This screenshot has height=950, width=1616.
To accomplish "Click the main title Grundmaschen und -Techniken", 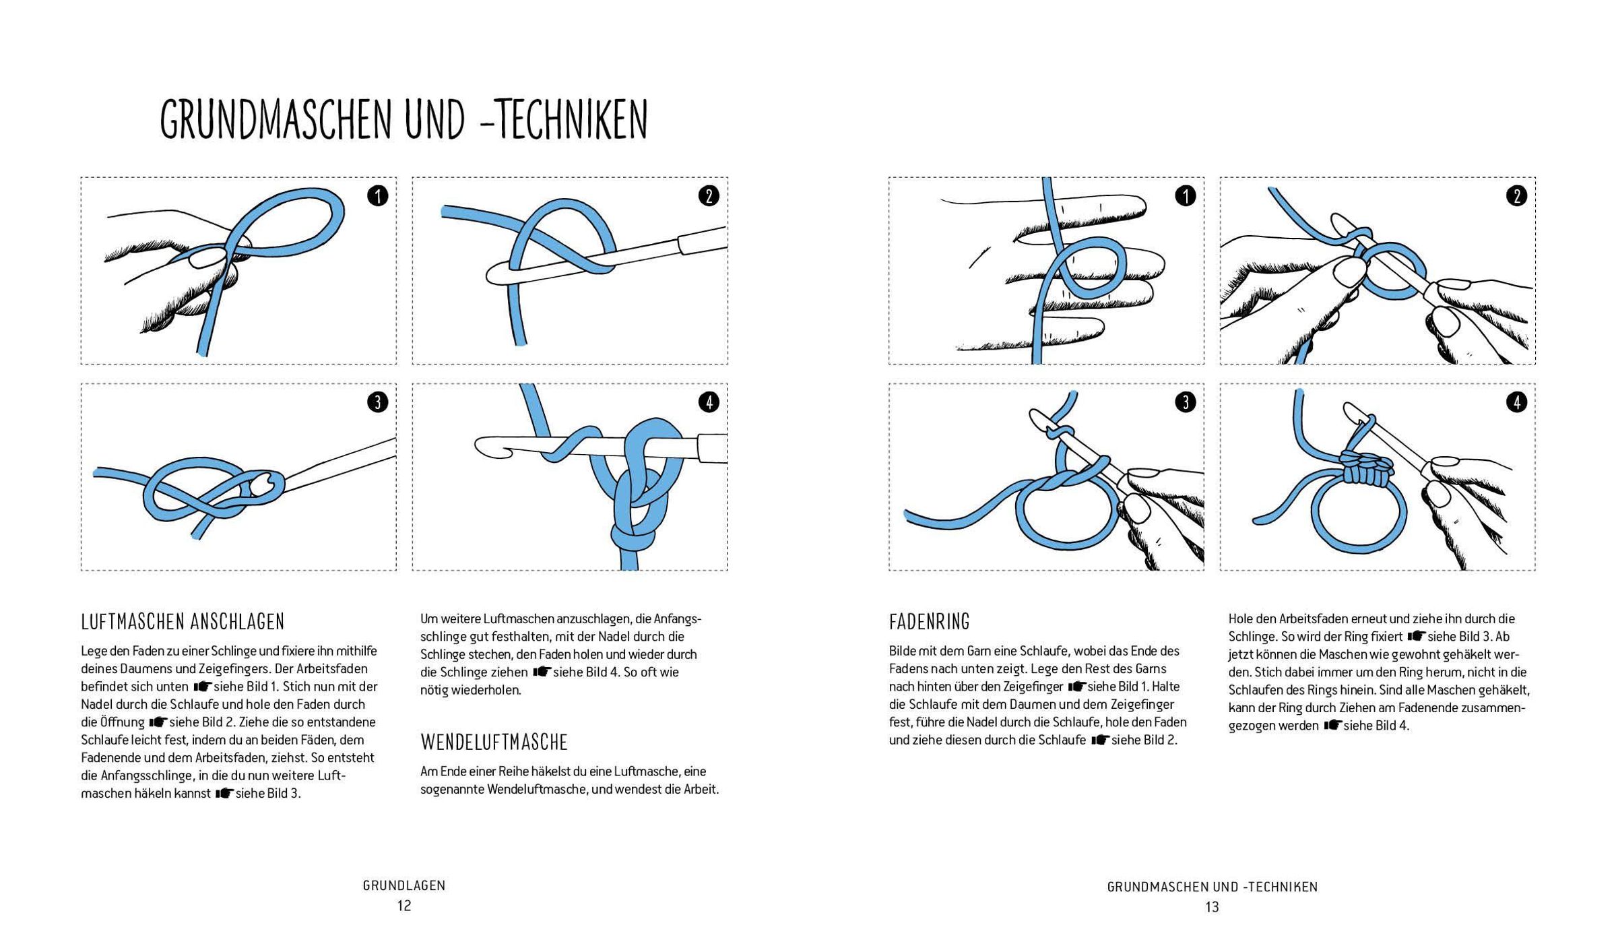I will [x=403, y=119].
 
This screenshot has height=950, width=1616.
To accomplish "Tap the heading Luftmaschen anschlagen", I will [x=183, y=621].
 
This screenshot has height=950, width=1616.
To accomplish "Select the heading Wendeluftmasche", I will [x=494, y=742].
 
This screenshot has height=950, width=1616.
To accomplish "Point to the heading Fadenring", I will [x=929, y=621].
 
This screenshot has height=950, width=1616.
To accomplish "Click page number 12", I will [x=404, y=906].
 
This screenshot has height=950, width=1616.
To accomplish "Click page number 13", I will [x=1212, y=907].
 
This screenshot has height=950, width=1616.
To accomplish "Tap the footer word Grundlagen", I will [x=404, y=885].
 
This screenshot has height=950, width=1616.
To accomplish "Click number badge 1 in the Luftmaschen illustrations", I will [x=378, y=196].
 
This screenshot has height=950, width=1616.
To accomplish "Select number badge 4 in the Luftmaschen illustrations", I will [x=709, y=402].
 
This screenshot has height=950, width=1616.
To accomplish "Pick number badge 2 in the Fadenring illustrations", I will [x=1516, y=196].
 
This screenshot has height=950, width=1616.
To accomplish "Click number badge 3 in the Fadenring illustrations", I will [x=1185, y=402].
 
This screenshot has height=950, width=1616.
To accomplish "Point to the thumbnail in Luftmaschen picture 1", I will [x=205, y=257].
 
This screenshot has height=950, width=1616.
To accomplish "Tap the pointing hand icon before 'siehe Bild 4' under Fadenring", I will [x=1332, y=726].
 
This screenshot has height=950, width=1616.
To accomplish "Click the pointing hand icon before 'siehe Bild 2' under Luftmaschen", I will [x=158, y=722].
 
